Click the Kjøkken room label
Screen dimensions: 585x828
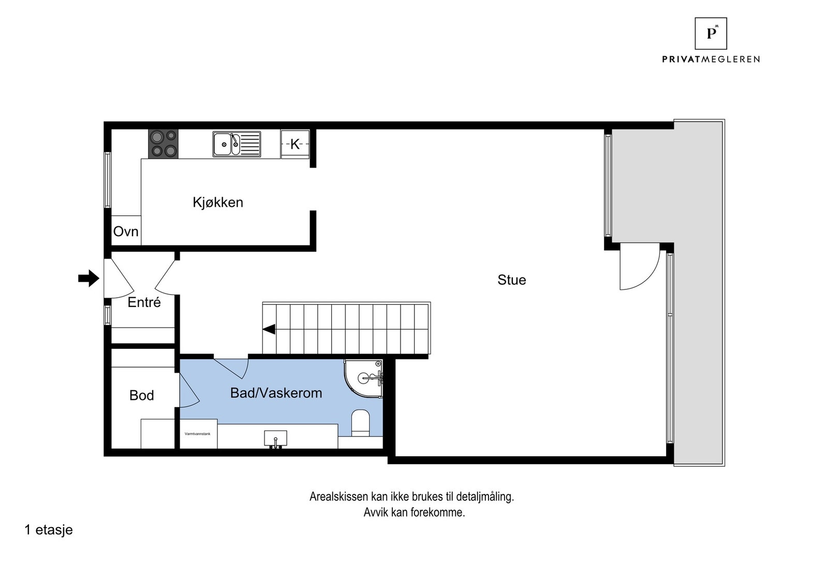click(218, 202)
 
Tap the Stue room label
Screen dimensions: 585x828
click(511, 280)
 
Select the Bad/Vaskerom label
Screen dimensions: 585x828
click(276, 393)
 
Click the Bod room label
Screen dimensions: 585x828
click(141, 396)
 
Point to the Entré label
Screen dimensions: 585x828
click(144, 302)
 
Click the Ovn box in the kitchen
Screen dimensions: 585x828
click(126, 231)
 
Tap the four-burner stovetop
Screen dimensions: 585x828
click(163, 144)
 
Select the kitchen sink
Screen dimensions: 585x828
click(236, 144)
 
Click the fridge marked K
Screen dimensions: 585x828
click(295, 144)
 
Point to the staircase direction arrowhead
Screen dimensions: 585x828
click(269, 329)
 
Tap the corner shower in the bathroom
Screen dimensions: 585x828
click(364, 380)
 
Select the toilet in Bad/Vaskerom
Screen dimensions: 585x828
click(360, 423)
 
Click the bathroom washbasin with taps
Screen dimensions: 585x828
click(275, 438)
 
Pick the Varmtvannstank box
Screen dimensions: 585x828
click(198, 435)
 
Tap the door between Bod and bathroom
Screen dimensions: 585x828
click(189, 390)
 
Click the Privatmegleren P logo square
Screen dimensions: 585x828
click(711, 34)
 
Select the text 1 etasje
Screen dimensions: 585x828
click(49, 530)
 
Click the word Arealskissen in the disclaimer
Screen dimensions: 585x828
click(339, 497)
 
